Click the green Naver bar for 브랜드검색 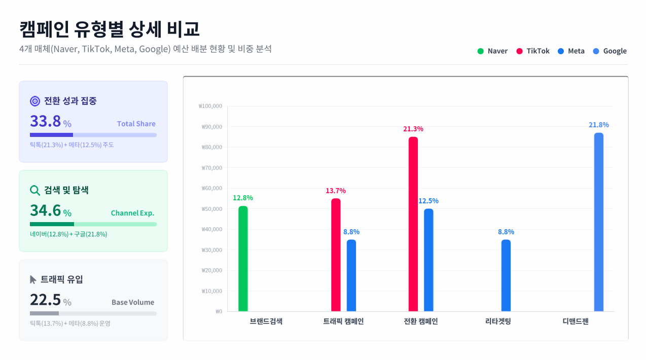tap(243, 259)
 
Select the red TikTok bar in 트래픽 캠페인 tap(336, 255)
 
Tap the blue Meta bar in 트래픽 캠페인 tap(351, 275)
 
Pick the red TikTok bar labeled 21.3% tap(413, 224)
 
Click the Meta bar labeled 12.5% tap(428, 260)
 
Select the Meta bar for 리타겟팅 tap(506, 275)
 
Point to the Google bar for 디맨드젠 tap(599, 222)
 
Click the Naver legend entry tap(492, 51)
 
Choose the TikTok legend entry tap(533, 51)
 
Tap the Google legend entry tap(609, 51)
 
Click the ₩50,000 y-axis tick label tap(211, 209)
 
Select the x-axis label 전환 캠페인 tap(421, 321)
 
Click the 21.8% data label tap(599, 125)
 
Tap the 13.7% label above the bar tap(336, 191)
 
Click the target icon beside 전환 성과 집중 tap(35, 101)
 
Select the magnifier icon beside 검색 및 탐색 tap(35, 190)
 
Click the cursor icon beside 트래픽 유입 tap(33, 279)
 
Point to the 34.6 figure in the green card tap(45, 210)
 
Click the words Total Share tap(136, 124)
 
